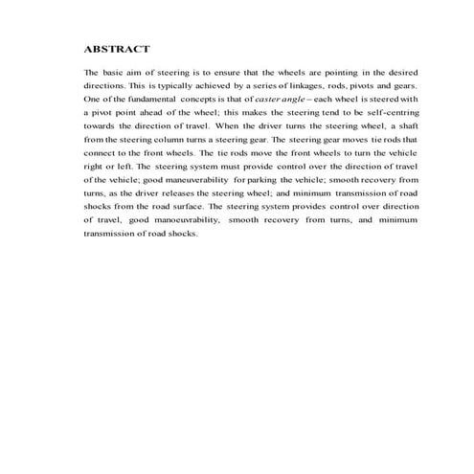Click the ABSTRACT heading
pos(116,47)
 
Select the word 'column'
pos(177,139)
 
